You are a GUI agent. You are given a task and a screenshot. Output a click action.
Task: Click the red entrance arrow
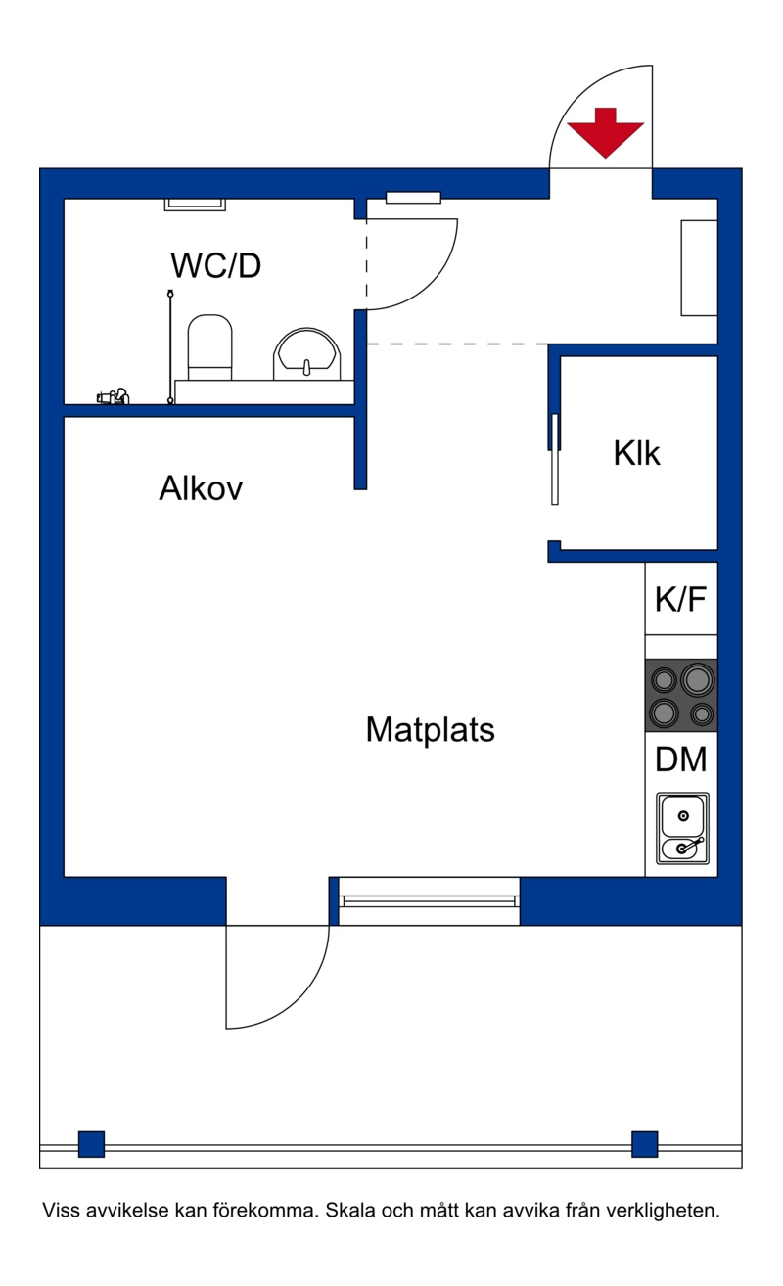click(605, 132)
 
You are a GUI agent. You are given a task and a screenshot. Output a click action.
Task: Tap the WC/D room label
click(216, 265)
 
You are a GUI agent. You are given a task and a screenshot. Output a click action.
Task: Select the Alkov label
click(201, 488)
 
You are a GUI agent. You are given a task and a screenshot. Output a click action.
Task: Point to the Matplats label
click(430, 730)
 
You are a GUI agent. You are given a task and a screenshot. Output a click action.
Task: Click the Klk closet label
click(636, 453)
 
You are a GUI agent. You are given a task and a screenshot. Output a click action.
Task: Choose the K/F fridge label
click(680, 599)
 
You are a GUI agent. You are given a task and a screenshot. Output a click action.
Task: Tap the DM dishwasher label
click(681, 758)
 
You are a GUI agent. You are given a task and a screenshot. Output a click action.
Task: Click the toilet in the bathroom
click(210, 346)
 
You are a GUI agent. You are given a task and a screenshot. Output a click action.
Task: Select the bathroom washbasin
click(307, 353)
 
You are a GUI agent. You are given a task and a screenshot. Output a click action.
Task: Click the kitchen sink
click(682, 828)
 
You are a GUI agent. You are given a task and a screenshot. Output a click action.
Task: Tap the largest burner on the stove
click(698, 680)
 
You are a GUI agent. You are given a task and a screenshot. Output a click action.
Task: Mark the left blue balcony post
click(91, 1144)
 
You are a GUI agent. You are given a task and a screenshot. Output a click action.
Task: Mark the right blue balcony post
click(645, 1144)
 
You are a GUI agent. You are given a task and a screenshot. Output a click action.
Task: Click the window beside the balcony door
click(430, 900)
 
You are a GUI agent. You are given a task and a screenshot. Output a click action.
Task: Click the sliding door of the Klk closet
click(555, 459)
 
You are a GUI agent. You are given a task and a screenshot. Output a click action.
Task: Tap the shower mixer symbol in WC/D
click(114, 396)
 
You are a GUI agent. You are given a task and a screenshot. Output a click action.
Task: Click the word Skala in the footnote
click(350, 1211)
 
